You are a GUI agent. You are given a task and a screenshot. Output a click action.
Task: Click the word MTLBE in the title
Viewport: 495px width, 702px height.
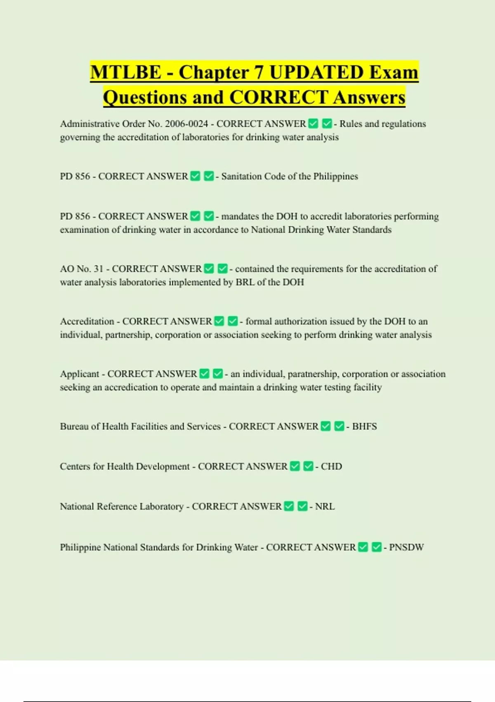125,73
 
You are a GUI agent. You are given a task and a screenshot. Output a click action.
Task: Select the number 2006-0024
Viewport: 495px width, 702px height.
186,124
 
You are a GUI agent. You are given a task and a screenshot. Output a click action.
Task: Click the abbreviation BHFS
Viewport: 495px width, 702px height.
364,427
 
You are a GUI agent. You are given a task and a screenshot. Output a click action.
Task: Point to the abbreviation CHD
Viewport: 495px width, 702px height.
331,467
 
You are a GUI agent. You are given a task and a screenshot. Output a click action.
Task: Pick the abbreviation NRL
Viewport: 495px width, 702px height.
325,507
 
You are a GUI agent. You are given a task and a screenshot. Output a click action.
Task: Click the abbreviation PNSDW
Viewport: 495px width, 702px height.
406,548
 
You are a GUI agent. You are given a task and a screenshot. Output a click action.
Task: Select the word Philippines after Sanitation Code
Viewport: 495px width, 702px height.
335,176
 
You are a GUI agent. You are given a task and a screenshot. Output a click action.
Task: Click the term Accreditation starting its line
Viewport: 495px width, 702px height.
87,321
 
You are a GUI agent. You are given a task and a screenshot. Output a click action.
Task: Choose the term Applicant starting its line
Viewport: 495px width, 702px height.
80,374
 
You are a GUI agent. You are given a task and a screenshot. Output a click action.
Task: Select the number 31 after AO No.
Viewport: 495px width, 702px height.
98,269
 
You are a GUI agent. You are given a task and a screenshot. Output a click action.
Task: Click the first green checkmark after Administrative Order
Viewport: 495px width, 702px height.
313,123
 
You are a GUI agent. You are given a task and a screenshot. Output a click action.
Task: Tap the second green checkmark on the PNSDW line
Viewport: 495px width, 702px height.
376,547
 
